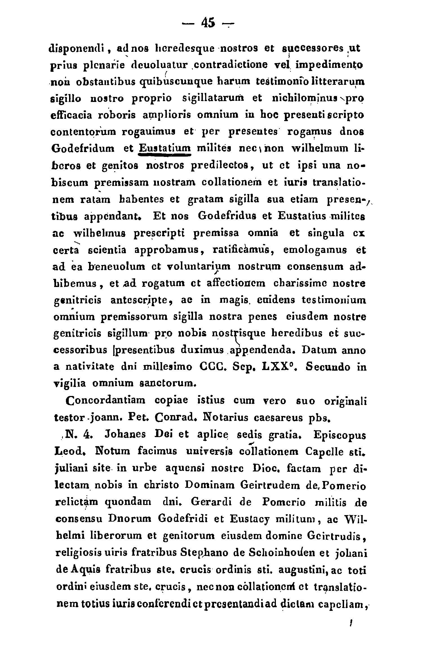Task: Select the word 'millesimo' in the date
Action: pos(168,367)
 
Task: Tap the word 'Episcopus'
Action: pos(339,435)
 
